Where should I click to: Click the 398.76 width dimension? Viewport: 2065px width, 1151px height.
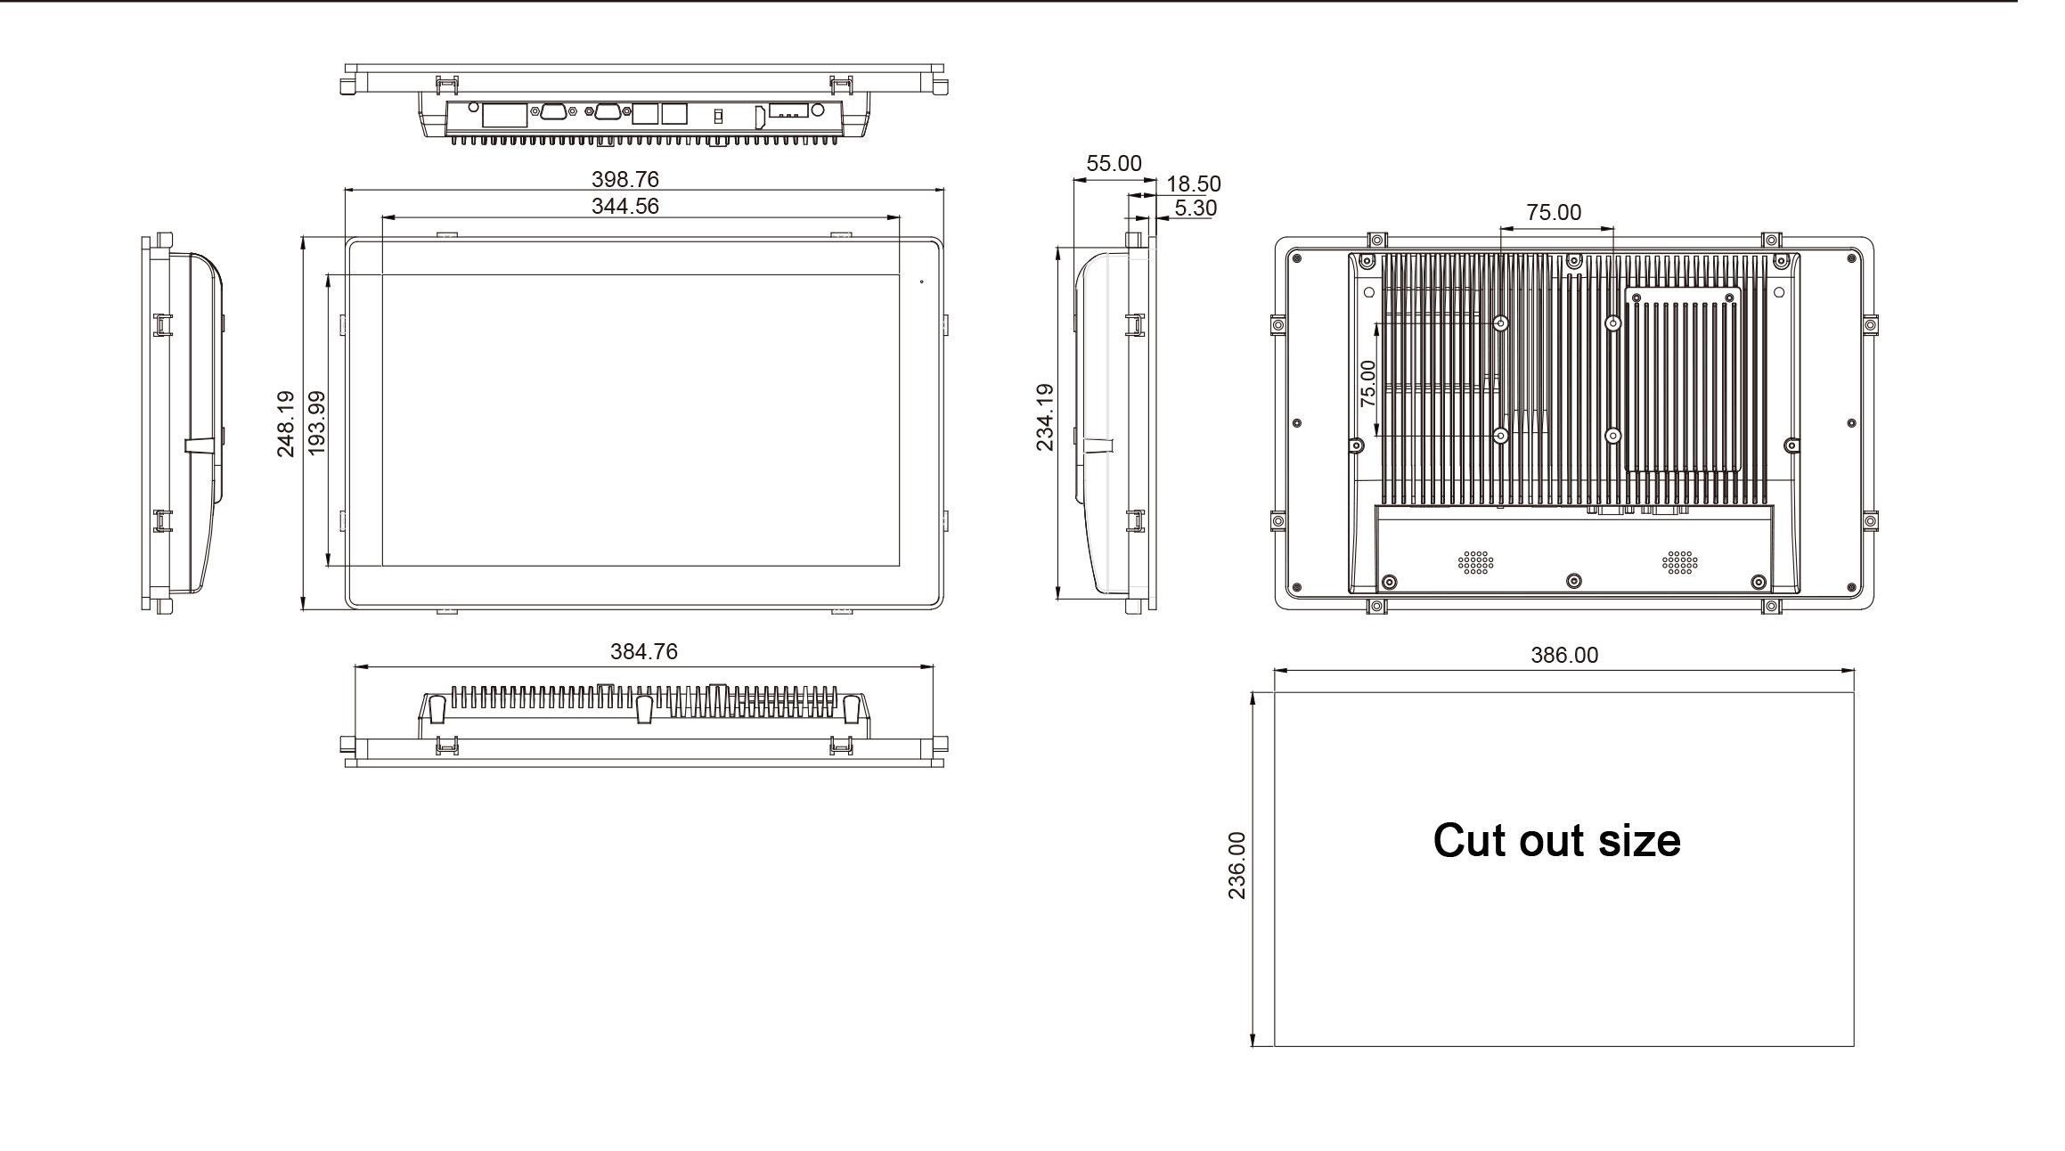coord(625,179)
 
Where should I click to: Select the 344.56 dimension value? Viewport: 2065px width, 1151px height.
coord(625,206)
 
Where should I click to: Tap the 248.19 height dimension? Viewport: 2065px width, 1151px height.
coord(286,424)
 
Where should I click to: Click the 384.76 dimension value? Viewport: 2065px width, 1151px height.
coord(644,651)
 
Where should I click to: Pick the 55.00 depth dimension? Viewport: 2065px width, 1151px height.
coord(1114,163)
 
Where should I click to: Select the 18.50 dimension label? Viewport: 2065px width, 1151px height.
coord(1194,184)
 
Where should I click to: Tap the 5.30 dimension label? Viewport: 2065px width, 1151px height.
coord(1196,208)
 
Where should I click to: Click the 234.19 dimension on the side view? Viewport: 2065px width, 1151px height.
coord(1045,417)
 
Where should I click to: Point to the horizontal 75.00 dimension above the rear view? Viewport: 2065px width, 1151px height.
coord(1554,212)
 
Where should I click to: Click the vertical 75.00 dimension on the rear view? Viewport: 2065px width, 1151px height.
coord(1368,384)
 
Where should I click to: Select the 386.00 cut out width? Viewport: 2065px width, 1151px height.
coord(1564,655)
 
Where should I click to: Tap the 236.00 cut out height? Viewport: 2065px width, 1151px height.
coord(1237,866)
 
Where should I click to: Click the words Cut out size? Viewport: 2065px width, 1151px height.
coord(1556,840)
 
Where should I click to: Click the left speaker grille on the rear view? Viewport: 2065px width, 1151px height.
coord(1475,562)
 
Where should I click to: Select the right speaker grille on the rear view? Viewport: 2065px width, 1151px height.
coord(1679,562)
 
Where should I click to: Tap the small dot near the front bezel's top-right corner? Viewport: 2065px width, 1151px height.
coord(921,282)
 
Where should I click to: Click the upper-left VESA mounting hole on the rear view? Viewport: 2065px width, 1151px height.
coord(1501,323)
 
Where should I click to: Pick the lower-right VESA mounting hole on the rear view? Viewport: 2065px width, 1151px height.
coord(1612,436)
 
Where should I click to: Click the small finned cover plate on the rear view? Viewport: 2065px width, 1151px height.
coord(1683,380)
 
